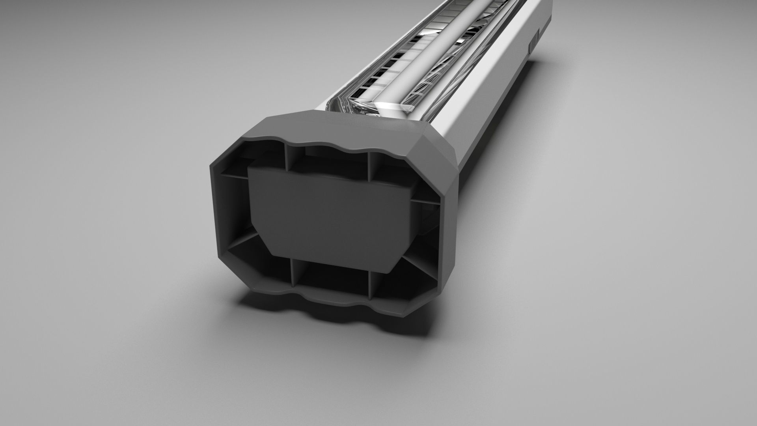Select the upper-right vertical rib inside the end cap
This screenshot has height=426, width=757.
(370, 166)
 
